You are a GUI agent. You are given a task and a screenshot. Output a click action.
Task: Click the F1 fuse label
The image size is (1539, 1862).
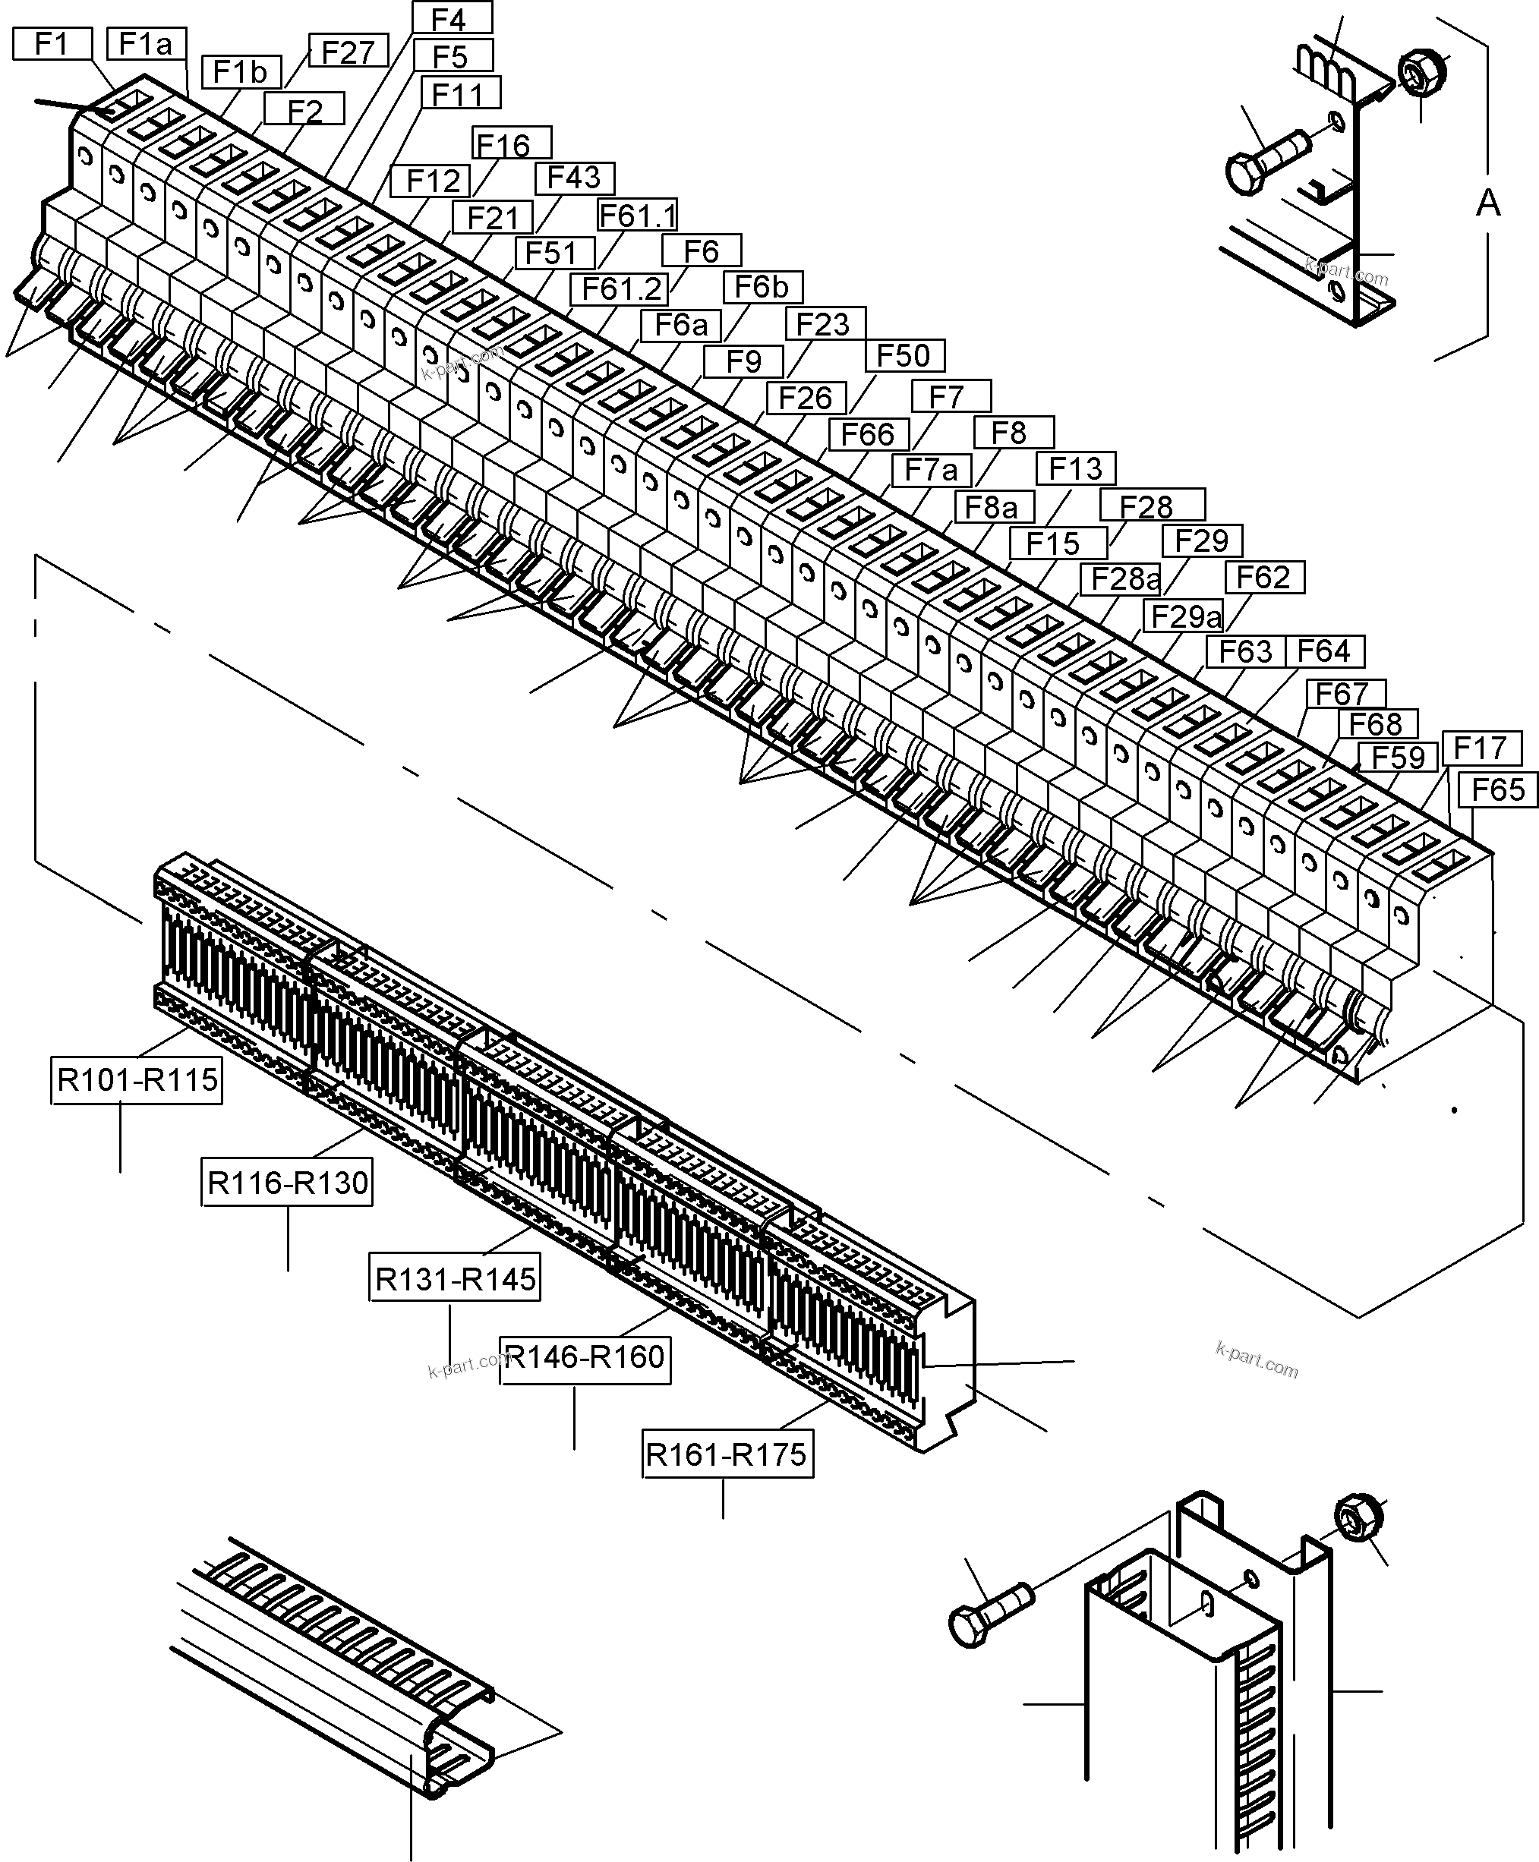52,43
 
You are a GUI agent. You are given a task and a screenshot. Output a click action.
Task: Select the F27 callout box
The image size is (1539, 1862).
348,52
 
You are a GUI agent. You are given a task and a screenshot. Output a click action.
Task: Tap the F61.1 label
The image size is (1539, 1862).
638,216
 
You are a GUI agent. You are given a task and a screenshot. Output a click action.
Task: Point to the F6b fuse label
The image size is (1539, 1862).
762,287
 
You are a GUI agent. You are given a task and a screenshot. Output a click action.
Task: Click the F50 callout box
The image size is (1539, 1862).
904,355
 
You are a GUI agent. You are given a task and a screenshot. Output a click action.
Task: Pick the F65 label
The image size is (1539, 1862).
1497,789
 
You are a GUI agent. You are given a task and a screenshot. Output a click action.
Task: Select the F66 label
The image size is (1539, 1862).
867,434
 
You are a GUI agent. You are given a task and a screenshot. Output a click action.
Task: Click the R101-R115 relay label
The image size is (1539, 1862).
137,1080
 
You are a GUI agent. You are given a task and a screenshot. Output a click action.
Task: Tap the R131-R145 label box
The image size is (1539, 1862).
455,1280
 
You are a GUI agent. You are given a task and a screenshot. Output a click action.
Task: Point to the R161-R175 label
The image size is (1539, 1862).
727,1455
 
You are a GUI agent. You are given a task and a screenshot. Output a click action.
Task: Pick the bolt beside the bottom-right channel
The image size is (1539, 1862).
989,1615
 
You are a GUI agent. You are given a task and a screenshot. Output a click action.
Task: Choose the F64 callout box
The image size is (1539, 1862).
1323,651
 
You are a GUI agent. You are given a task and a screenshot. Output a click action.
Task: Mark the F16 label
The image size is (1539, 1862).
503,143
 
